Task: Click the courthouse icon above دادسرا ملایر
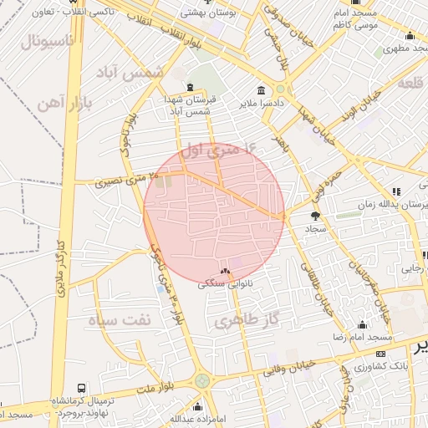pos(262,90)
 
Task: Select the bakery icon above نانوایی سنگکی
pos(224,272)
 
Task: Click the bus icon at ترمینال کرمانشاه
pos(81,389)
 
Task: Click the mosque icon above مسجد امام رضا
pos(362,325)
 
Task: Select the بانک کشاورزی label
pos(379,366)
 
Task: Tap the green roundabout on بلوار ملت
pos(201,381)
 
